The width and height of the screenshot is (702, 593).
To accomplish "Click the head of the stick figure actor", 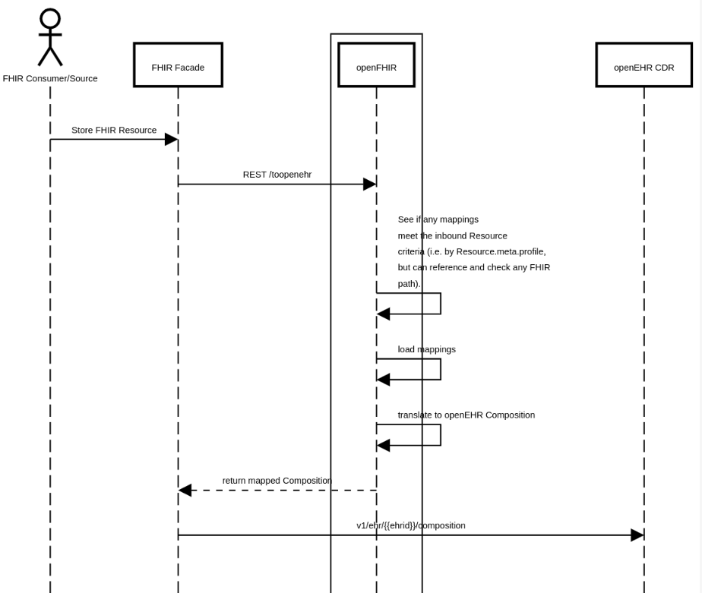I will click(50, 18).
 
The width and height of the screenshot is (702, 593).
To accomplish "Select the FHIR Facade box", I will click(178, 65).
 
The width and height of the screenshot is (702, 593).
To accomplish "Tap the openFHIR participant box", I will click(376, 65).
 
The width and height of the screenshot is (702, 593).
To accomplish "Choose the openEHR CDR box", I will click(643, 65).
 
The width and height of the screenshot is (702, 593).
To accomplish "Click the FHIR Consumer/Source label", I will click(50, 78).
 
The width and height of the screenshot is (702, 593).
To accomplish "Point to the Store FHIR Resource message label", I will click(114, 130).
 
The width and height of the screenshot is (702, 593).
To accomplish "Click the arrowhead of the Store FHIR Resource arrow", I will click(171, 139).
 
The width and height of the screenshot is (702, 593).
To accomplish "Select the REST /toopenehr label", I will click(277, 175).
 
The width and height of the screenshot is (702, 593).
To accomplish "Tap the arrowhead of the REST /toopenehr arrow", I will click(369, 184).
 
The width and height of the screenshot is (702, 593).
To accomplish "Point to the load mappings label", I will click(426, 349).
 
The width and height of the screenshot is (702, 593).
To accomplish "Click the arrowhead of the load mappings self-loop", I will click(384, 380).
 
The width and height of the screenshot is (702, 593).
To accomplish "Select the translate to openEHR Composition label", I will click(466, 415).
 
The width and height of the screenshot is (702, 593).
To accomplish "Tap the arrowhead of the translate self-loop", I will click(384, 445).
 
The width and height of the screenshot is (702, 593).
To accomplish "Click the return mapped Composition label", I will click(277, 481).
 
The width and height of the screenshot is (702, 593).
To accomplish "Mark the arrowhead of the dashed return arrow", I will click(185, 490).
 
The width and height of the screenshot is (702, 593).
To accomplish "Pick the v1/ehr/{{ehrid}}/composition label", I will click(411, 525).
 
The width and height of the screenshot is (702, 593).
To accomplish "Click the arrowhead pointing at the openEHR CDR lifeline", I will click(637, 535).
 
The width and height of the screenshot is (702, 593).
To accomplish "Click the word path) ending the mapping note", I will click(409, 284).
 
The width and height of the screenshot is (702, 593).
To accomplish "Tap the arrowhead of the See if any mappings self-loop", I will click(384, 314).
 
